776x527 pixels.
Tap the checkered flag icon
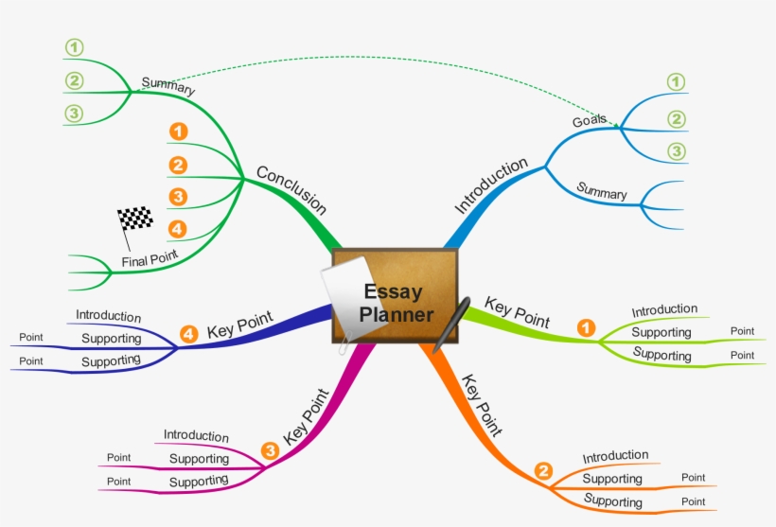[x=135, y=220]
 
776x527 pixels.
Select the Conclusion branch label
[x=291, y=190]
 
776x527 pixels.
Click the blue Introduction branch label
[x=491, y=185]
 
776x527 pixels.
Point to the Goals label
[x=590, y=121]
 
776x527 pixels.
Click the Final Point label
[x=150, y=258]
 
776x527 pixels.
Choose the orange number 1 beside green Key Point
[x=587, y=328]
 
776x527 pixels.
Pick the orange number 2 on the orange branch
[x=543, y=470]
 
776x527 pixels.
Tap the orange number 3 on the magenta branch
[x=271, y=451]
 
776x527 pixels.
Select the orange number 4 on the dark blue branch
[x=188, y=334]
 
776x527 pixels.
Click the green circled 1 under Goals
[x=676, y=82]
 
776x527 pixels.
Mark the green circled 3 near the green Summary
[x=74, y=114]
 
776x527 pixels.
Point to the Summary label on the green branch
[x=168, y=86]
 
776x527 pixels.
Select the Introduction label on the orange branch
[x=615, y=457]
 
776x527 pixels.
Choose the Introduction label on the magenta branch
[x=196, y=435]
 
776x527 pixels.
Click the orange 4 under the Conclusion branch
[x=177, y=228]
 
